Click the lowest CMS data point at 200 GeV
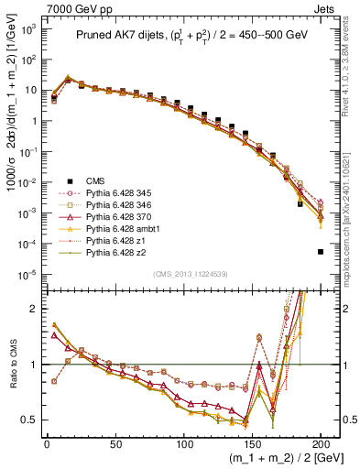[x=320, y=252]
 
